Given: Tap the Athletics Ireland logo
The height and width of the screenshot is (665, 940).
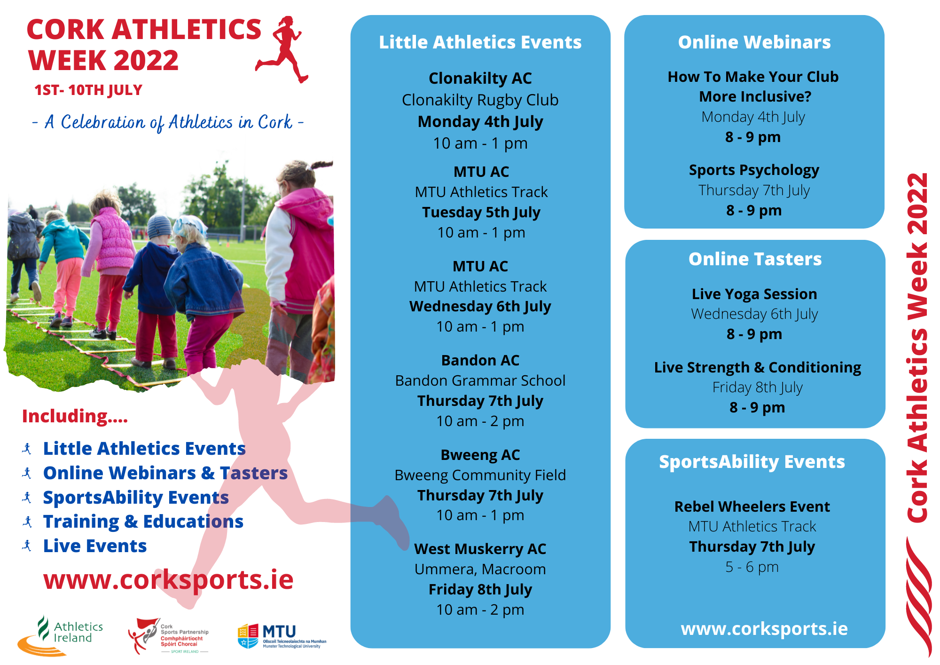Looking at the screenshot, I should pyautogui.click(x=61, y=635).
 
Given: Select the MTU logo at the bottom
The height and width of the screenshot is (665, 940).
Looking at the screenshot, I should pyautogui.click(x=281, y=636).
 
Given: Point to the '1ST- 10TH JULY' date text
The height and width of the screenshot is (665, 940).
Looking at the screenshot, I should pyautogui.click(x=88, y=90).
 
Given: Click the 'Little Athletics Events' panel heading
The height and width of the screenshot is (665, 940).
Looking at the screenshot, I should pyautogui.click(x=480, y=42).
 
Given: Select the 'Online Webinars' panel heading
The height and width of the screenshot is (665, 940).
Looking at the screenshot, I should pyautogui.click(x=754, y=42).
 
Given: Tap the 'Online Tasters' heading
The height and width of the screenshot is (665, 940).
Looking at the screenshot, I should pyautogui.click(x=755, y=259).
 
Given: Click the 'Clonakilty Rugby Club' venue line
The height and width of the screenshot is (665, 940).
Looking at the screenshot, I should pyautogui.click(x=480, y=100).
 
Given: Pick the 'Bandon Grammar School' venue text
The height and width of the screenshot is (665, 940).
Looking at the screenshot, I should pyautogui.click(x=480, y=380).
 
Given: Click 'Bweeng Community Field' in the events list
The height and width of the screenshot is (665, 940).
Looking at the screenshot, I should pyautogui.click(x=480, y=475).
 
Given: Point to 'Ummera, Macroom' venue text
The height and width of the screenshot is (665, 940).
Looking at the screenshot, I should pyautogui.click(x=480, y=569).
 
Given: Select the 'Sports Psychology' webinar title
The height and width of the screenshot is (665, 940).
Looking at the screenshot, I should pyautogui.click(x=754, y=170).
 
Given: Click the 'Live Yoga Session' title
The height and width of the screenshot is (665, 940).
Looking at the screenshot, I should pyautogui.click(x=754, y=294).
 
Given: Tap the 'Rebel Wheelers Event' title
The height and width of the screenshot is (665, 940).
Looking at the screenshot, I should pyautogui.click(x=752, y=507).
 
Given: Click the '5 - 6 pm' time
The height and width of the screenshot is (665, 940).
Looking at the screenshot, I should pyautogui.click(x=752, y=567).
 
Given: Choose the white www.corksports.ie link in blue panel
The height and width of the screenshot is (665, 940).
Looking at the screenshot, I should pyautogui.click(x=764, y=629).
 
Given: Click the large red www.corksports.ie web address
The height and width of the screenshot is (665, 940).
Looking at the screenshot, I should pyautogui.click(x=168, y=579).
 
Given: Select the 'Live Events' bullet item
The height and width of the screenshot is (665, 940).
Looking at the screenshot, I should pyautogui.click(x=95, y=546).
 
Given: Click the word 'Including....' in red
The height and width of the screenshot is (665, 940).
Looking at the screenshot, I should pyautogui.click(x=75, y=416).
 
